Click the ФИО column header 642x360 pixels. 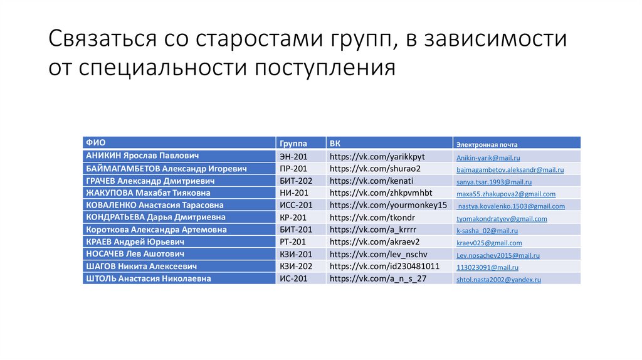click(x=96, y=142)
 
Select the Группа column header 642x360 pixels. click(x=292, y=142)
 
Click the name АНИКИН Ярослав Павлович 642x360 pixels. click(x=142, y=156)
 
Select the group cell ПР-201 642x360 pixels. click(x=293, y=169)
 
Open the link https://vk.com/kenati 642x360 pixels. click(x=371, y=181)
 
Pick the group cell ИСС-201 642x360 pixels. click(x=296, y=205)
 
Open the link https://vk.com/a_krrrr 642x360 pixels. click(x=372, y=230)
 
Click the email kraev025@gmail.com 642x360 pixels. click(x=489, y=243)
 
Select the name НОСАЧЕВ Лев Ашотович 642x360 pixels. click(x=135, y=254)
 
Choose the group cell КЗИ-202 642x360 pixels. click(x=296, y=266)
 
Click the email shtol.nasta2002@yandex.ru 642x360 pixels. click(x=498, y=280)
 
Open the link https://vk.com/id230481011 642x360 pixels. click(x=384, y=266)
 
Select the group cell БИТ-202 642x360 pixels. click(x=296, y=181)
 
